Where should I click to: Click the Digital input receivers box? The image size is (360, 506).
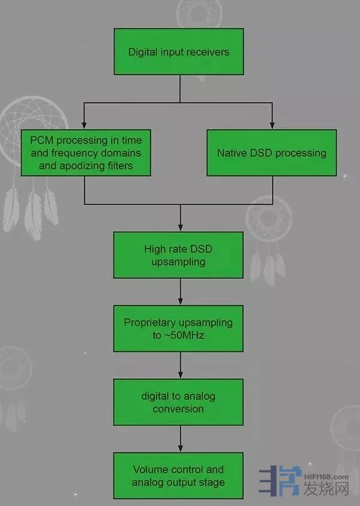pos(179,52)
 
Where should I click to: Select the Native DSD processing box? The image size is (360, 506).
pos(272,152)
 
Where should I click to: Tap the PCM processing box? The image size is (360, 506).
pos(86,152)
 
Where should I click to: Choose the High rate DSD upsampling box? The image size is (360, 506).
pos(179,255)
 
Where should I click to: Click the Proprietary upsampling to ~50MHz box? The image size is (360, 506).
pos(179,329)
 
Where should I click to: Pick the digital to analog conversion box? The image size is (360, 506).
pos(179,403)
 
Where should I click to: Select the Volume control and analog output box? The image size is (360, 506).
pos(179,476)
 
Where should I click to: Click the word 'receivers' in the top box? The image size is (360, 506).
pos(207,52)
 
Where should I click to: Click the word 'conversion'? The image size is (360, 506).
pos(178,409)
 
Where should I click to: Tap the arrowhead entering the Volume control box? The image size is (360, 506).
pos(181,448)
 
